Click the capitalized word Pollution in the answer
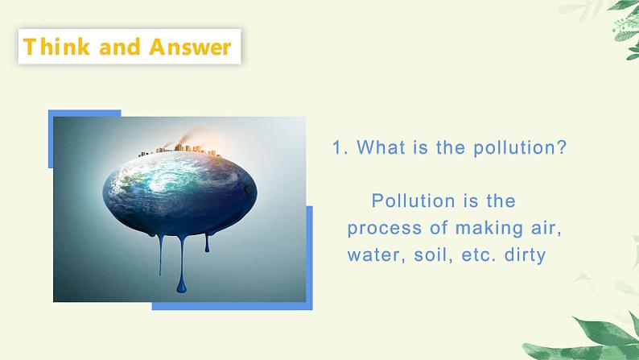pos(410,200)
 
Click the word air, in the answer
pos(538,228)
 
